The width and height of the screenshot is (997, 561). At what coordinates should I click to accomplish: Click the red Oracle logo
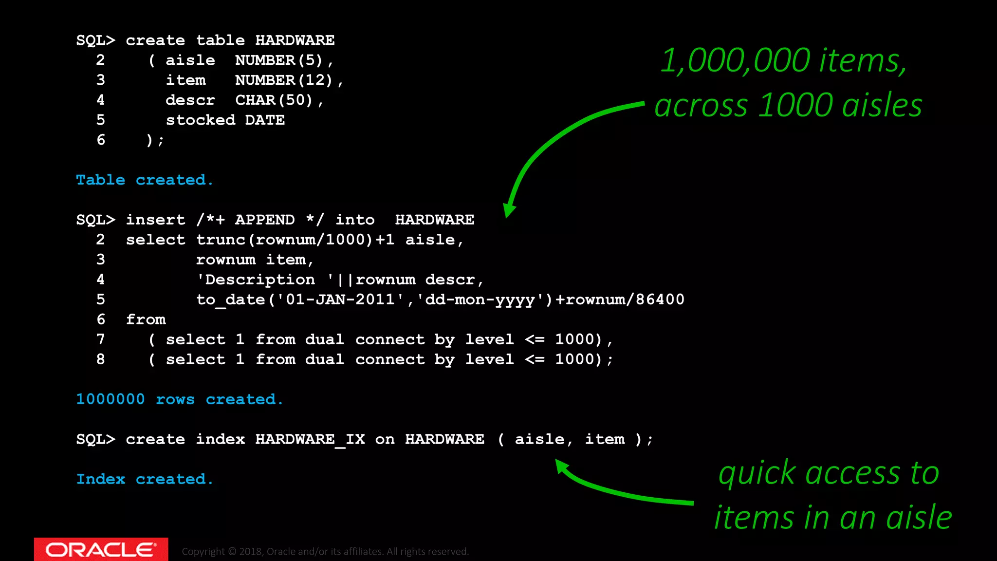pos(101,549)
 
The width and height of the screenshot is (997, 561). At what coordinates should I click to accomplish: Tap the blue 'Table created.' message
pos(145,180)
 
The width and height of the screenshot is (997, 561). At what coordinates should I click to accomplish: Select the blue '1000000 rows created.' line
pos(180,399)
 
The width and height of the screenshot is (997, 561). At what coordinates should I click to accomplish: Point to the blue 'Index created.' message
pos(145,479)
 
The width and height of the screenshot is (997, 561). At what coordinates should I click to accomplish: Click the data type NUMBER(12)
pos(284,80)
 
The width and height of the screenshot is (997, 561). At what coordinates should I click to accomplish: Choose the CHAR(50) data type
pos(274,100)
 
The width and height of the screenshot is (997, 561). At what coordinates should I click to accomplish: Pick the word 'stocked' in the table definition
pos(201,120)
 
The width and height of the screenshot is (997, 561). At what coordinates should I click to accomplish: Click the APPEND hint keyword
pos(265,220)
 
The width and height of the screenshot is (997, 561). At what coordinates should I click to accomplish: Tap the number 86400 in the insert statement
pos(660,299)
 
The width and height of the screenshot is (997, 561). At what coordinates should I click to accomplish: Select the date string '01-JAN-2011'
pos(340,299)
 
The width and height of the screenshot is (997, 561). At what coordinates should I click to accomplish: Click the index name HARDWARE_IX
pos(310,439)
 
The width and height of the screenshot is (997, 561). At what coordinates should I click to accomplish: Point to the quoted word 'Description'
pos(260,280)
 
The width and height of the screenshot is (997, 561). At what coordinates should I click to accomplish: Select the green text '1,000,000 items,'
pos(784,61)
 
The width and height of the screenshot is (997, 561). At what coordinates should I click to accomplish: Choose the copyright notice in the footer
pos(325,551)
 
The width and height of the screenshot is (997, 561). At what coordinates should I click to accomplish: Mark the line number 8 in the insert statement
pos(101,359)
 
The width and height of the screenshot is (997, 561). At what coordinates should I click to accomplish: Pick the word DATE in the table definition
pos(265,120)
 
